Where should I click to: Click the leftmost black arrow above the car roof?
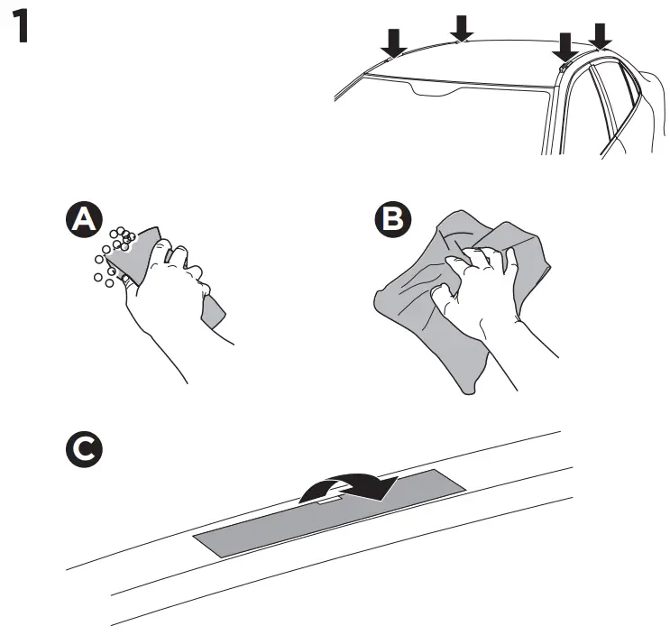tap(393, 41)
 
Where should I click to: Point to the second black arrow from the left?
tap(462, 27)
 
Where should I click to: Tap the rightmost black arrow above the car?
tap(600, 34)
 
